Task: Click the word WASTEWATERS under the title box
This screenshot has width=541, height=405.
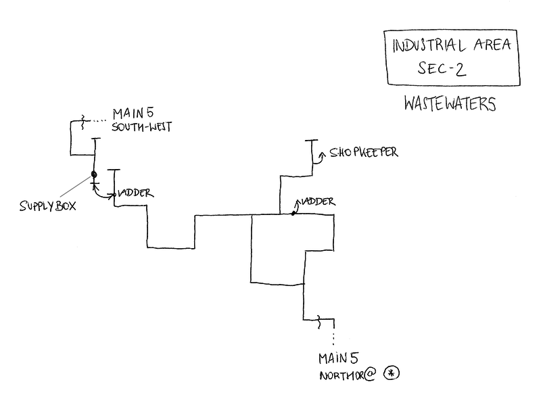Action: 449,105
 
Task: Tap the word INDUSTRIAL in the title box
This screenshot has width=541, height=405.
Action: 429,47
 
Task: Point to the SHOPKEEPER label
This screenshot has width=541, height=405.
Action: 363,152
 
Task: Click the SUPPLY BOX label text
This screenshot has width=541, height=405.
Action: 47,206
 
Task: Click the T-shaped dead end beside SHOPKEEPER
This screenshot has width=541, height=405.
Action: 311,141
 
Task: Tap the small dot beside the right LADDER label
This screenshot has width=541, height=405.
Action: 293,213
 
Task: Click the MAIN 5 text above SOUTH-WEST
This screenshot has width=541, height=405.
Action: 134,113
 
